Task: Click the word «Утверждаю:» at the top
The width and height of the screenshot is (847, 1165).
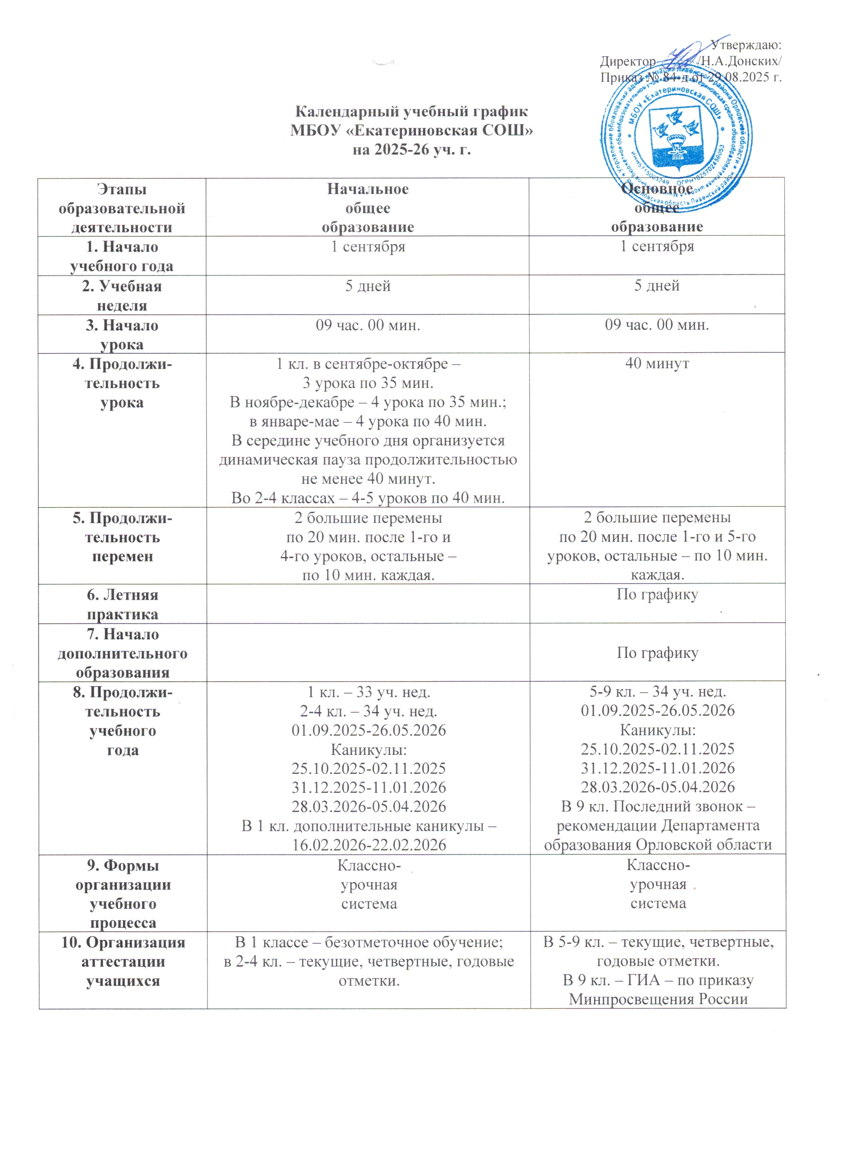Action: (746, 45)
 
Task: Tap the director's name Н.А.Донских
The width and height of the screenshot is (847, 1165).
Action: (740, 61)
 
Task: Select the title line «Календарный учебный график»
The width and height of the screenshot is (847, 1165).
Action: (412, 112)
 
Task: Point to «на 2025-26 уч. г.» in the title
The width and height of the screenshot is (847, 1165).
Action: (412, 150)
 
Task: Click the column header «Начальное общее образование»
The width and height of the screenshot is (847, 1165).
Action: (368, 208)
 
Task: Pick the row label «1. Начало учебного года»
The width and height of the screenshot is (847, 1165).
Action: (122, 256)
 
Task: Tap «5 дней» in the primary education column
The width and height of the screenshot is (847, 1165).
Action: (368, 286)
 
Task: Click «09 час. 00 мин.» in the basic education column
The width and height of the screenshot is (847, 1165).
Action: (657, 325)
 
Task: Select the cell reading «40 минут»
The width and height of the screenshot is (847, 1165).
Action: (657, 363)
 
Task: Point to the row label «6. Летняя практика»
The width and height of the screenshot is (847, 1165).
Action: (122, 604)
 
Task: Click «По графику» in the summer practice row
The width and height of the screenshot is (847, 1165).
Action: (657, 595)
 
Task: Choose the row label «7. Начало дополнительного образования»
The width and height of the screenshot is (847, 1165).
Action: (122, 653)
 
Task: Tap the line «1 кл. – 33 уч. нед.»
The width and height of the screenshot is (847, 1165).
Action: (368, 692)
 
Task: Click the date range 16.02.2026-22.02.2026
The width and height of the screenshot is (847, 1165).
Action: (369, 845)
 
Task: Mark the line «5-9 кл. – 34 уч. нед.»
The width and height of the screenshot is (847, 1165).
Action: (658, 692)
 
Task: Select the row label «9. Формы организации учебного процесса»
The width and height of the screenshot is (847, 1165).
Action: (123, 894)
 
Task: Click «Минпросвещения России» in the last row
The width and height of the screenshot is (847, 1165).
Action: (658, 999)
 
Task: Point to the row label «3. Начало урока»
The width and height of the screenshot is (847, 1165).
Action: (122, 334)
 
